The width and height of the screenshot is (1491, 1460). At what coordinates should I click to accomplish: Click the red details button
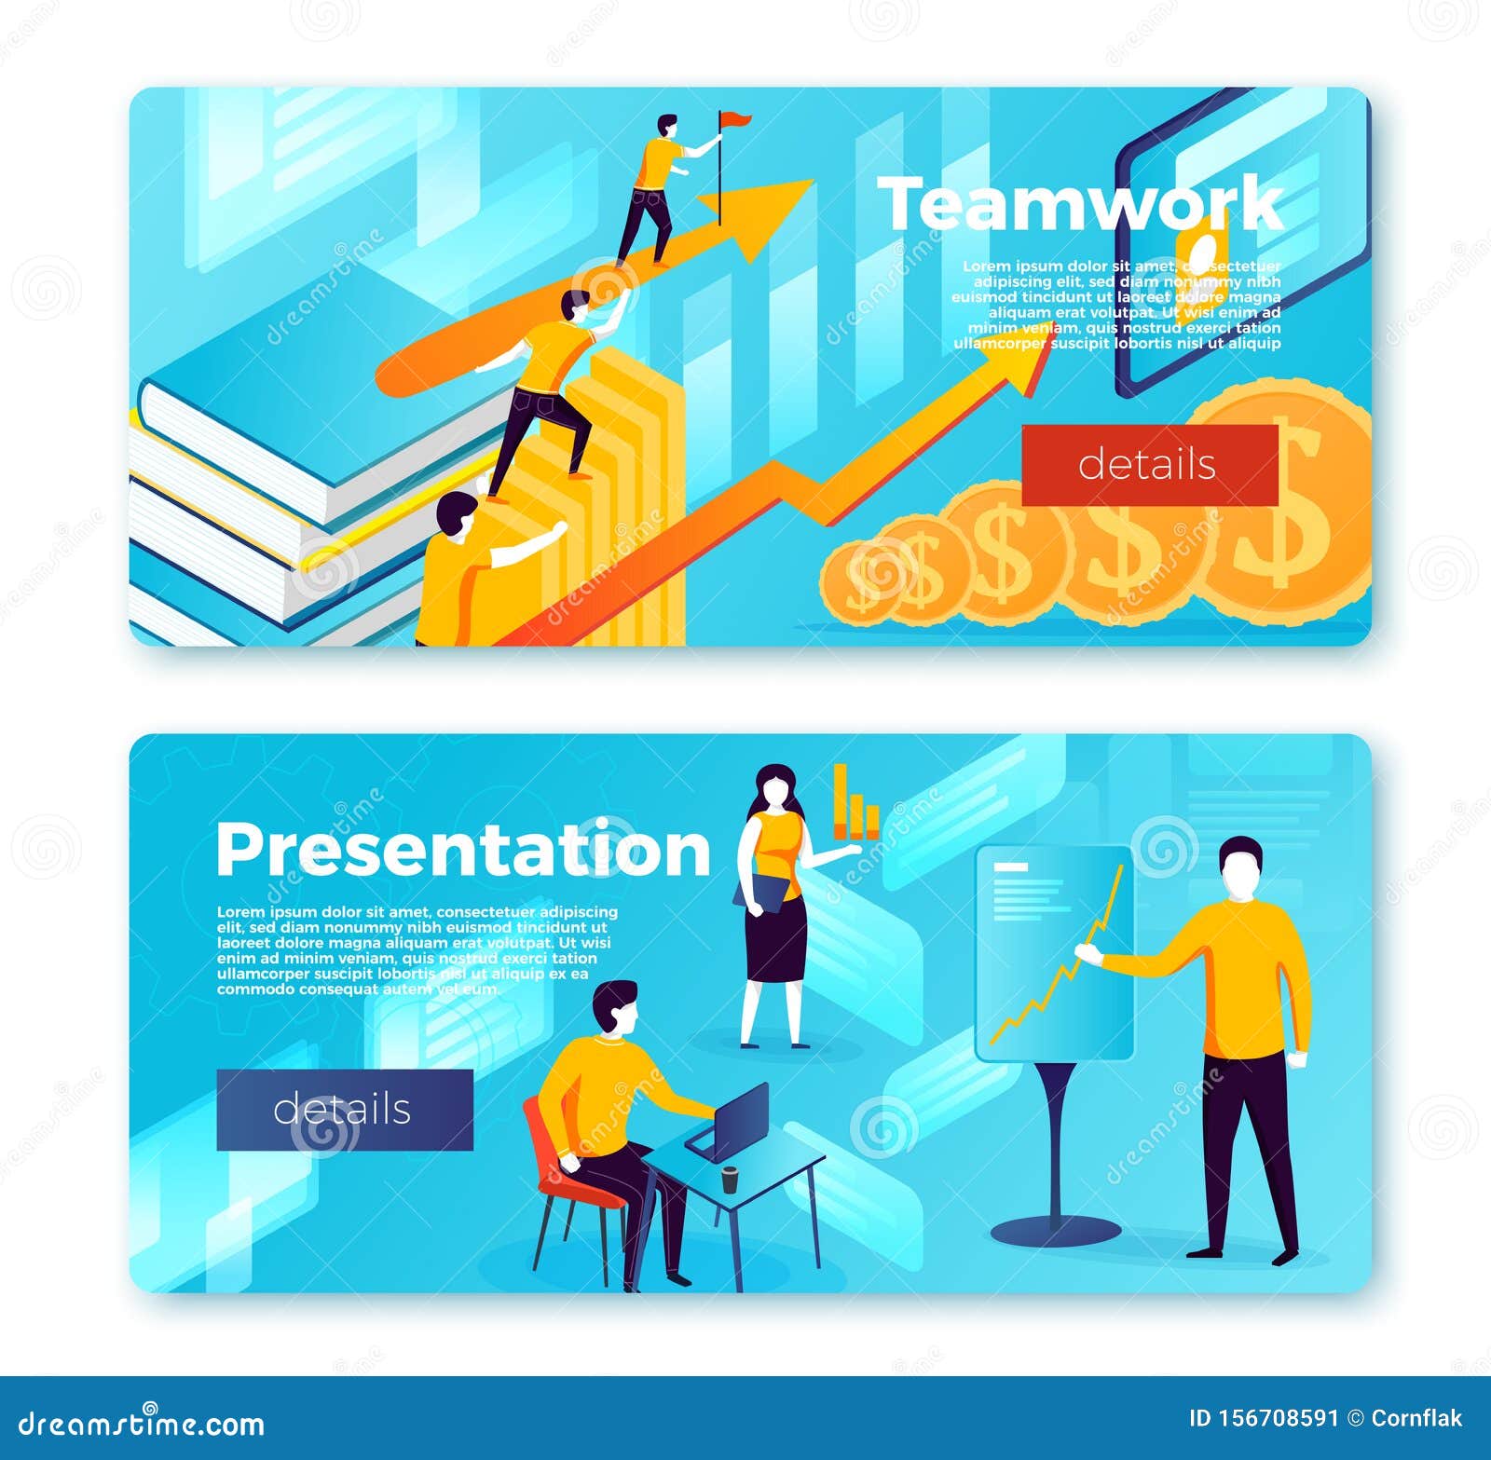tap(1149, 465)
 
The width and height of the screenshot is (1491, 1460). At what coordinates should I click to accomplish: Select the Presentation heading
tap(463, 849)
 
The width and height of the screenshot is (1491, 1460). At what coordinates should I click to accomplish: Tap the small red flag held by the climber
tap(735, 118)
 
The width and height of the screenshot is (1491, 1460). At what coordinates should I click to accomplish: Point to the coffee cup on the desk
tap(730, 1179)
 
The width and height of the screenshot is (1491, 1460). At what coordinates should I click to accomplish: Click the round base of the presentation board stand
tap(1055, 1231)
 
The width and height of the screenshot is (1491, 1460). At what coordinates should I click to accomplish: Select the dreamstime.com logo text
tap(142, 1423)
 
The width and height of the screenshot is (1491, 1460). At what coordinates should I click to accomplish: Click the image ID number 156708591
tap(1278, 1418)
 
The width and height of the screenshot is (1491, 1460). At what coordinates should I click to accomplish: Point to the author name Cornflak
tap(1416, 1418)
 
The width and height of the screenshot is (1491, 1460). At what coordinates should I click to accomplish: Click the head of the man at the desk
tap(616, 1006)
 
